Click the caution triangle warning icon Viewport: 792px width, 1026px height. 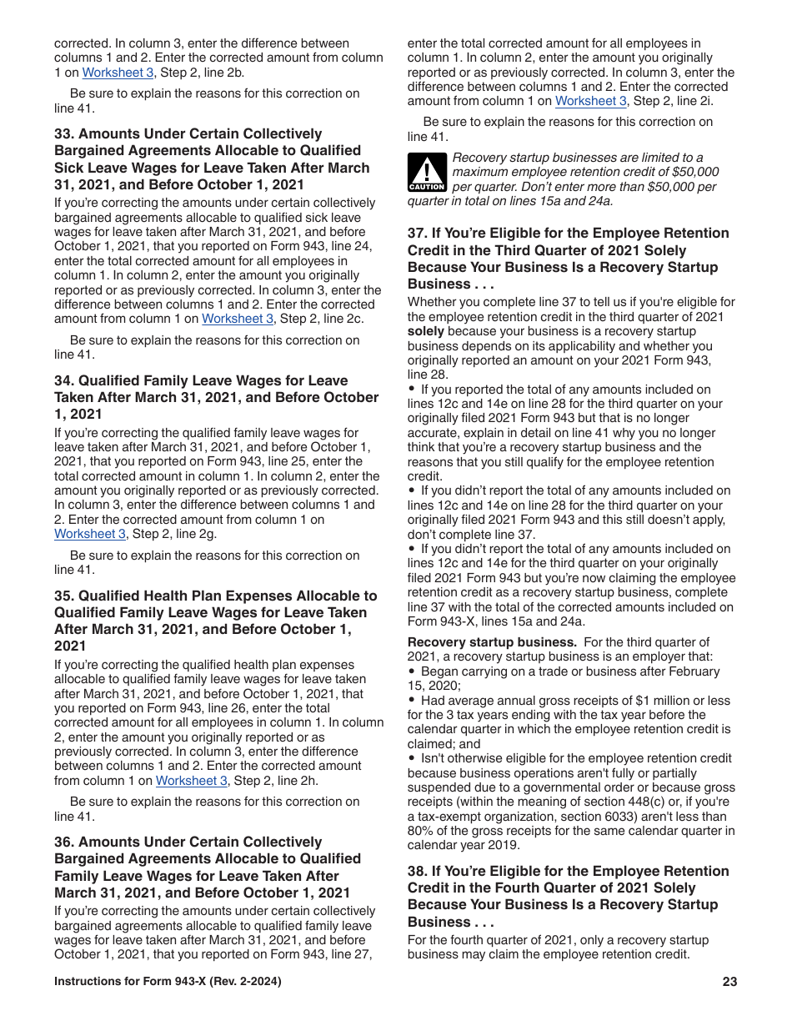427,173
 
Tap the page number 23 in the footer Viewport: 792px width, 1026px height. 729,982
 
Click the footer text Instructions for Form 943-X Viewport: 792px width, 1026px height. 167,982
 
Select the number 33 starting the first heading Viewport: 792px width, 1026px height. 63,133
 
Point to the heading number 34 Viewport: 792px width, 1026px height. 63,380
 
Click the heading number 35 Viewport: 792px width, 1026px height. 63,596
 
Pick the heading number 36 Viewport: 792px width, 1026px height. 63,842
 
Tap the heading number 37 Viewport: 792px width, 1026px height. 417,234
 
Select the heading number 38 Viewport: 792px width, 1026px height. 417,872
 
